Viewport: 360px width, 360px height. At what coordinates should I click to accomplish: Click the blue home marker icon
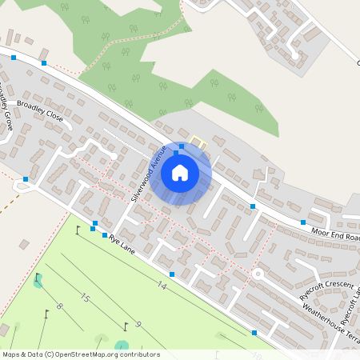pyautogui.click(x=180, y=173)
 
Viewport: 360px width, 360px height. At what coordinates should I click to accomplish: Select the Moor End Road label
pyautogui.click(x=334, y=235)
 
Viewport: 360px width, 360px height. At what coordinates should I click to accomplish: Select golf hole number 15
pyautogui.click(x=85, y=298)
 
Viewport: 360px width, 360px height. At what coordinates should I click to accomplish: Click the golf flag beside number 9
pyautogui.click(x=126, y=325)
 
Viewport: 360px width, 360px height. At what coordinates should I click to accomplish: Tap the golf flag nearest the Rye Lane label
pyautogui.click(x=78, y=230)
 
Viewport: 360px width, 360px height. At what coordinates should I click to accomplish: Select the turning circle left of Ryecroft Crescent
pyautogui.click(x=258, y=274)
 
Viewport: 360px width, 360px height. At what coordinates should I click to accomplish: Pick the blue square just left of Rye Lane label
pyautogui.click(x=104, y=234)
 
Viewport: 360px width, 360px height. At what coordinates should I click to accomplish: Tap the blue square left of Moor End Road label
pyautogui.click(x=303, y=222)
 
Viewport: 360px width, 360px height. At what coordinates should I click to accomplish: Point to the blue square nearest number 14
pyautogui.click(x=171, y=274)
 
